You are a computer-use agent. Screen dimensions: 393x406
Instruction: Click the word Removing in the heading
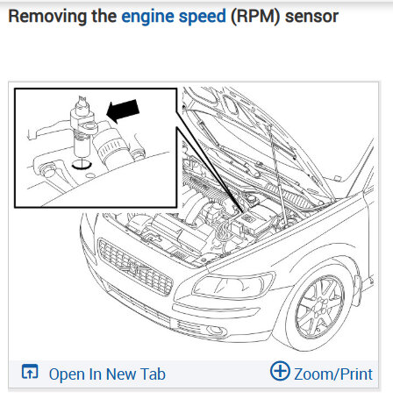(47, 17)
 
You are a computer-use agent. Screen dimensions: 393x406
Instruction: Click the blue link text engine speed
(174, 17)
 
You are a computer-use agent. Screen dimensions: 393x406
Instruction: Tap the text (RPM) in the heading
(255, 17)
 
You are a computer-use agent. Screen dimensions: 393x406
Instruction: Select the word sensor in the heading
(311, 17)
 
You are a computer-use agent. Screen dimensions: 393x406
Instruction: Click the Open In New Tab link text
(107, 374)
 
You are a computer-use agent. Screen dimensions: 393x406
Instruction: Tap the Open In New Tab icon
(30, 372)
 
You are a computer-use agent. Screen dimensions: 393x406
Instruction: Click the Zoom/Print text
(333, 374)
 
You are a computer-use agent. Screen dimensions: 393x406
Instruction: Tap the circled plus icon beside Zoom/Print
(280, 371)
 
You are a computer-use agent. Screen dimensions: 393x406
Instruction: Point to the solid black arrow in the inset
(123, 110)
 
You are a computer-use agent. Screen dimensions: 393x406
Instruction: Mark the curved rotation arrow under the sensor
(82, 166)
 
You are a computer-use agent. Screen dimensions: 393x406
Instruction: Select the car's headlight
(234, 286)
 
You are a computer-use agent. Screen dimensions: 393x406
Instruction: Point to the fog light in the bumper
(217, 331)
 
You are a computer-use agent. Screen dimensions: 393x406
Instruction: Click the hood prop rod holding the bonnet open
(276, 175)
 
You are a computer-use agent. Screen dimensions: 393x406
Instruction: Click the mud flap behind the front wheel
(357, 290)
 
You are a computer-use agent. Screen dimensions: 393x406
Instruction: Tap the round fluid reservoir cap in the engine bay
(252, 198)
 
